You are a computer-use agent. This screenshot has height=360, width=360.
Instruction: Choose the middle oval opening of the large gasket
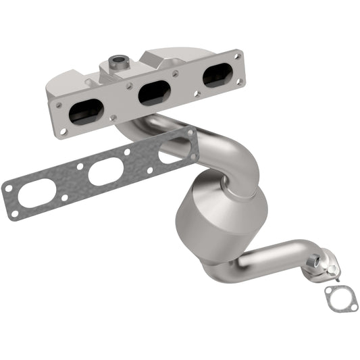pos(105,172)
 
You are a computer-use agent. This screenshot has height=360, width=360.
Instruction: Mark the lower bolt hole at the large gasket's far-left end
pos(14,214)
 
